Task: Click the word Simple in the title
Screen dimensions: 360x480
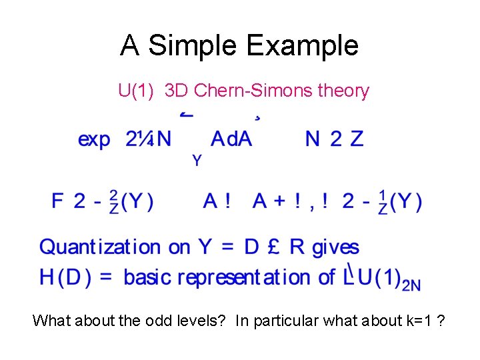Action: point(193,47)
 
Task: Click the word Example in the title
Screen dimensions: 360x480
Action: point(303,45)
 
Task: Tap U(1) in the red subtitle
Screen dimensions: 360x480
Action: point(136,91)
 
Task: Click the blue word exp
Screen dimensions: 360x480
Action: point(94,139)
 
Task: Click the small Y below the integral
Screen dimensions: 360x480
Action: point(197,161)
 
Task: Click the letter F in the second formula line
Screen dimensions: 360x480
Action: point(58,201)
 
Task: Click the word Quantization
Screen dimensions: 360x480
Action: point(100,248)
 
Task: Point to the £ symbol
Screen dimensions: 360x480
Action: point(271,247)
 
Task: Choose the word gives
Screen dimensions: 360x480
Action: point(335,248)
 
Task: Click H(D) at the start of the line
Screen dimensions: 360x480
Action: point(65,277)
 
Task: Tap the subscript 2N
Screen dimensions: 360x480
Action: point(411,285)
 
